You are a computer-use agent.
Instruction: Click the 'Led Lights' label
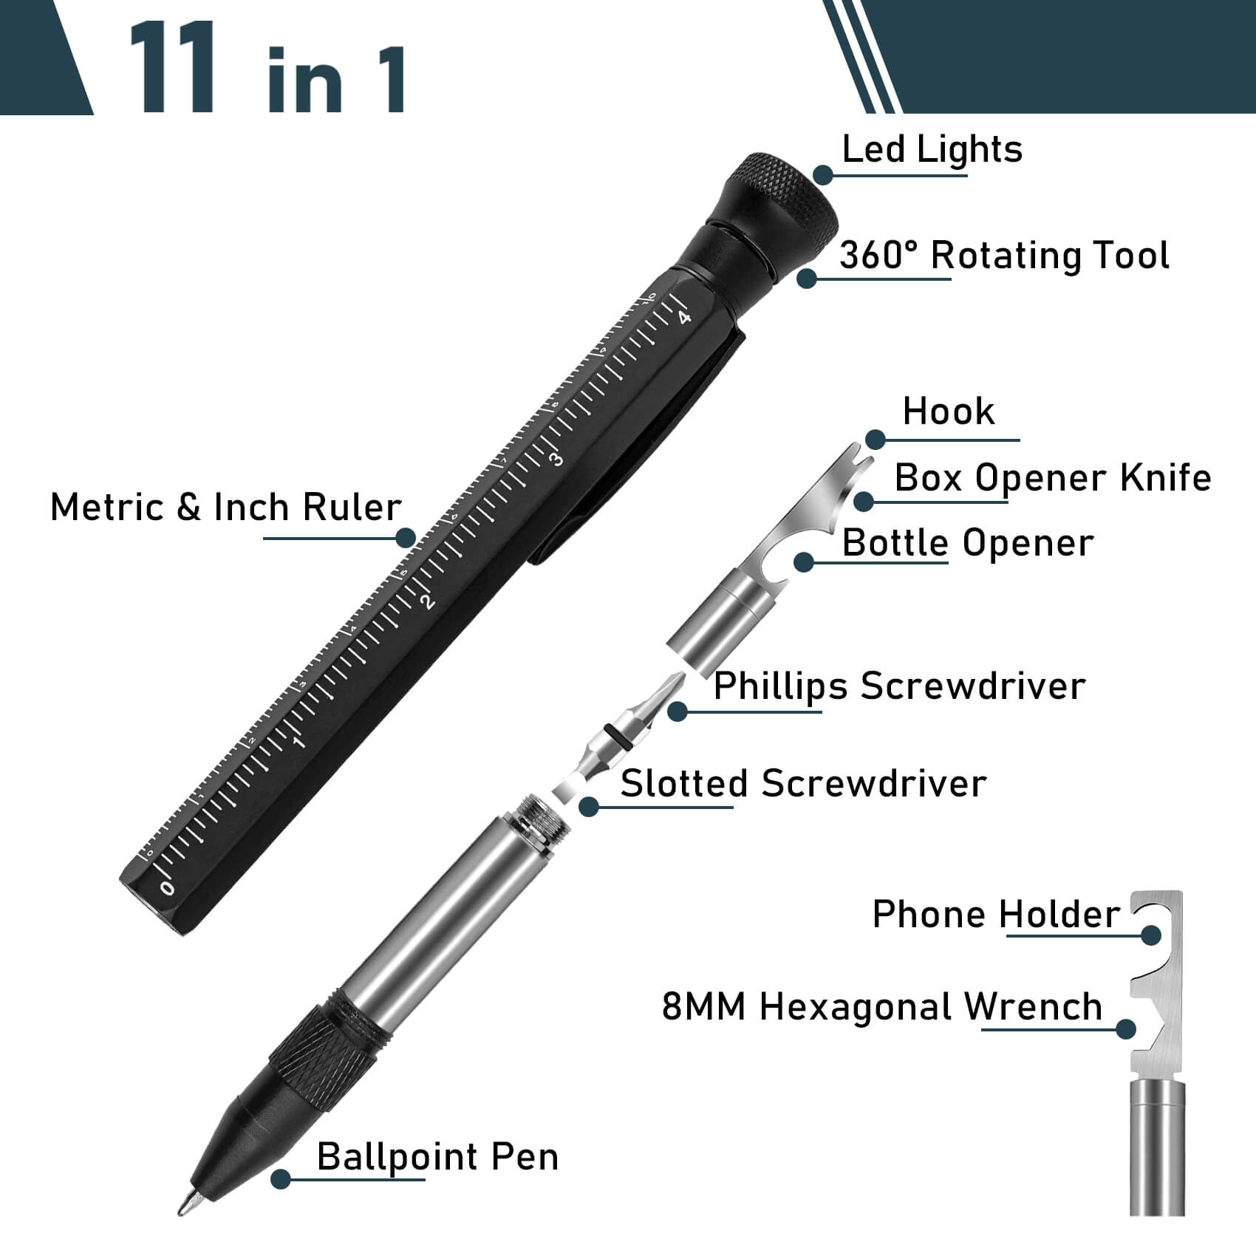coord(932,150)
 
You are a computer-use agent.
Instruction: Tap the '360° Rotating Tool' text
coord(1004,256)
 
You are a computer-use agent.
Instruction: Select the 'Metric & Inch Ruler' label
coord(225,508)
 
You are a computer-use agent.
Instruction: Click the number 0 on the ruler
coord(167,887)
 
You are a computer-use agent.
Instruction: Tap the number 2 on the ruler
coord(428,601)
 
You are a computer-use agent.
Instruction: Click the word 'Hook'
coord(949,412)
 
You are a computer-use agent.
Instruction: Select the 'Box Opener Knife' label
coord(1052,478)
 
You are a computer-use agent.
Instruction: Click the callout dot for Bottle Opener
coord(805,562)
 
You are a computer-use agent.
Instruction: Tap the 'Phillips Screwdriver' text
coord(899,686)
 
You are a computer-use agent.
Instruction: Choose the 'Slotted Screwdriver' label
coord(802,784)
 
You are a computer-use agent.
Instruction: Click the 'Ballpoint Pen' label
coord(437,1157)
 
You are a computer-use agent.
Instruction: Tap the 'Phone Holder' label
coord(995,915)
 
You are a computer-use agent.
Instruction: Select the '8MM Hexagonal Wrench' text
coord(881,1007)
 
